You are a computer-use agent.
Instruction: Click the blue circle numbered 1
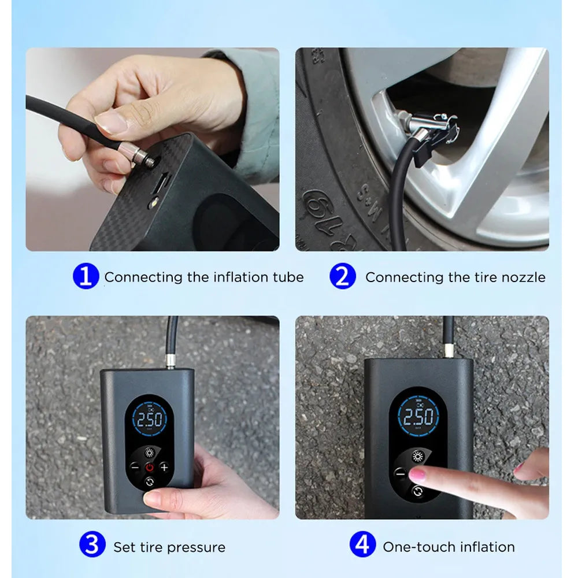tap(86, 276)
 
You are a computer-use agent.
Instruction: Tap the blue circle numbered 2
tap(342, 276)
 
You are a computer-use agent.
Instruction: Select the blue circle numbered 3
tap(92, 544)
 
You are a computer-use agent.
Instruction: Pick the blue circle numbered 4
tap(363, 544)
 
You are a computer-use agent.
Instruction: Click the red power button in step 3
tap(150, 468)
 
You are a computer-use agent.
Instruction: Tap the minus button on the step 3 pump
tap(135, 468)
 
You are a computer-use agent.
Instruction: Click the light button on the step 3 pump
tap(149, 453)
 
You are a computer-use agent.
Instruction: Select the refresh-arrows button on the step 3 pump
tap(150, 482)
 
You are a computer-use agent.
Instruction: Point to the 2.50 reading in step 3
tap(150, 420)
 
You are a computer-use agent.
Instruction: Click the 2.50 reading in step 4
tap(418, 417)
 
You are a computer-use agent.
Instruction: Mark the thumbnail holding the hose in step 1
tap(110, 123)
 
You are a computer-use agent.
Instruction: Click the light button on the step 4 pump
tap(418, 457)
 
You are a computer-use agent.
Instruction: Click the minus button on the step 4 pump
tap(400, 473)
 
